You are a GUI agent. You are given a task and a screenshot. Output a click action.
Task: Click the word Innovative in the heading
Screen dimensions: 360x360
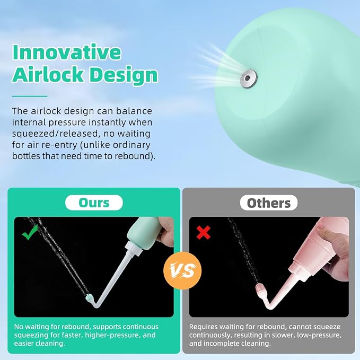[x=67, y=52]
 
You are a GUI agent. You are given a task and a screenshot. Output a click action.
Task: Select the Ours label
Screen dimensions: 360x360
[x=94, y=203]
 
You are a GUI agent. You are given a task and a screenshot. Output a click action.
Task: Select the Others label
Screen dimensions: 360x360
[x=269, y=203]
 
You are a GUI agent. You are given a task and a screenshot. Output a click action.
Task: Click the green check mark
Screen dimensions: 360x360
[x=30, y=232]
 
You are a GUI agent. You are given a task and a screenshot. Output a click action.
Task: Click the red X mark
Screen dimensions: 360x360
[x=204, y=232]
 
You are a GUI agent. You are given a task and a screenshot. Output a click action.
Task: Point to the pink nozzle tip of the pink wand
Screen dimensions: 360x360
[x=261, y=289]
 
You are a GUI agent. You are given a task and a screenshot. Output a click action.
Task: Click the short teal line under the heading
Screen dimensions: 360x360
[x=30, y=96]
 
